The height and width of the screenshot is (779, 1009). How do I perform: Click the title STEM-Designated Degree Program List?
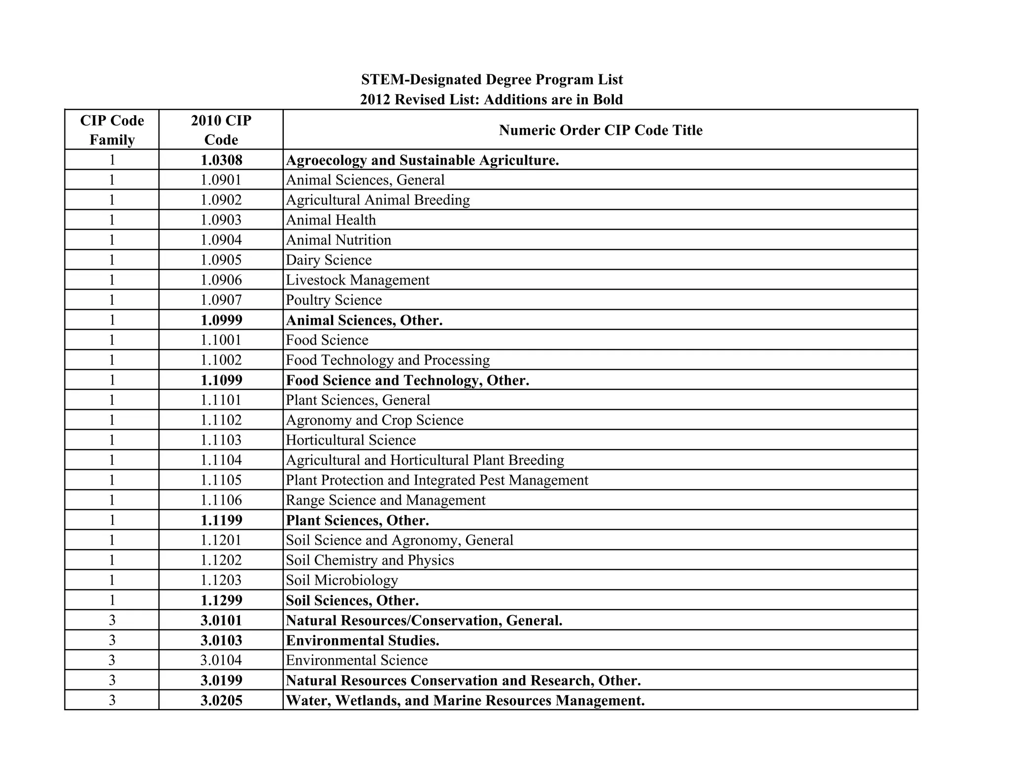pyautogui.click(x=492, y=80)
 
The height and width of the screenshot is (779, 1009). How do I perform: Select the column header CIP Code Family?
pyautogui.click(x=112, y=130)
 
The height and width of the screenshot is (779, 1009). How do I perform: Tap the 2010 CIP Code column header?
pyautogui.click(x=221, y=130)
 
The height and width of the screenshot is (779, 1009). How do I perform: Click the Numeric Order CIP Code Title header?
pyautogui.click(x=600, y=130)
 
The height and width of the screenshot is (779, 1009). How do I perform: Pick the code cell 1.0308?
pyautogui.click(x=221, y=160)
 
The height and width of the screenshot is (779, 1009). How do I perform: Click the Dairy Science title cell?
pyautogui.click(x=329, y=260)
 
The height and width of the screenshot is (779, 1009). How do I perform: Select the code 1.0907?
pyautogui.click(x=221, y=300)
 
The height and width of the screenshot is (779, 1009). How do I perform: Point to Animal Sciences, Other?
pyautogui.click(x=364, y=320)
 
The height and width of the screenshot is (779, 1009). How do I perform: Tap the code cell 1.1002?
pyautogui.click(x=221, y=360)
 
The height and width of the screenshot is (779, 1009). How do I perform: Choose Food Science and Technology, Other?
pyautogui.click(x=407, y=380)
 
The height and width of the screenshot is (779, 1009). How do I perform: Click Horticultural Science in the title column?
pyautogui.click(x=351, y=440)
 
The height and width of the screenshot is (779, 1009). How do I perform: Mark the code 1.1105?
pyautogui.click(x=221, y=480)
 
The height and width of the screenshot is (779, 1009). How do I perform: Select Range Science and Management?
pyautogui.click(x=385, y=500)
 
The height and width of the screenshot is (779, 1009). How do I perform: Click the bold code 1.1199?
pyautogui.click(x=221, y=520)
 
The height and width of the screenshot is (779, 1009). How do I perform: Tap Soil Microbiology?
pyautogui.click(x=341, y=580)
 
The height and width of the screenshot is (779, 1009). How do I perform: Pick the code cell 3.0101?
pyautogui.click(x=221, y=620)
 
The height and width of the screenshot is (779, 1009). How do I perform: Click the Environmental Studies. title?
pyautogui.click(x=362, y=641)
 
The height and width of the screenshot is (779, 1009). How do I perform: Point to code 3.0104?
pyautogui.click(x=221, y=660)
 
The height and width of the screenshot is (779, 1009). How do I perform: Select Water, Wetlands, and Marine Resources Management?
pyautogui.click(x=465, y=700)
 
